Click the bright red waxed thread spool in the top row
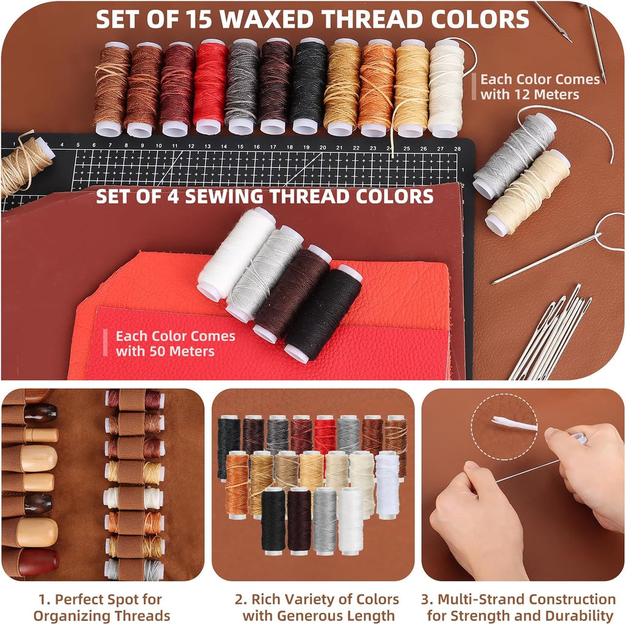(x=210, y=86)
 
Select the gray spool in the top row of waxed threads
(x=242, y=86)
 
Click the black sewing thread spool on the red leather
(x=323, y=313)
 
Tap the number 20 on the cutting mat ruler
(x=323, y=147)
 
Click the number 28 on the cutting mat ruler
(x=457, y=148)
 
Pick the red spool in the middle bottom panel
(x=325, y=436)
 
